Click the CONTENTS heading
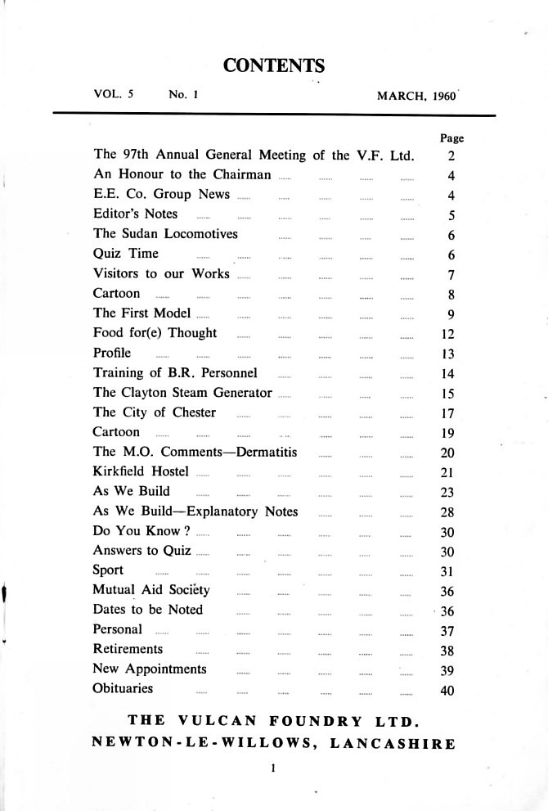(274, 65)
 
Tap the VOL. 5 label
(114, 95)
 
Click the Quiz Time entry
(126, 254)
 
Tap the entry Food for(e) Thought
(155, 333)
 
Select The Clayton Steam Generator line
(182, 392)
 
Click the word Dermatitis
(265, 451)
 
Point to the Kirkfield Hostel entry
(141, 471)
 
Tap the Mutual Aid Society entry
(152, 590)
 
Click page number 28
(441, 512)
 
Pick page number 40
(441, 690)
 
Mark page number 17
(441, 413)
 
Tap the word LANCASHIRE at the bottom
(390, 744)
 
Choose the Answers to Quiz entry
(142, 551)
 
